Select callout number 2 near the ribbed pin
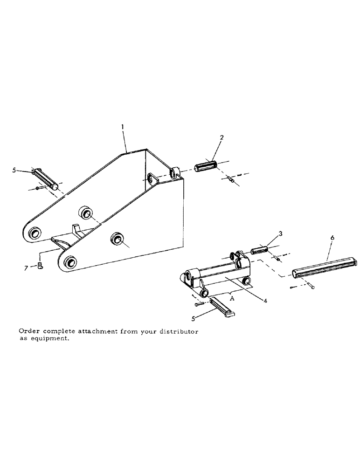(x=222, y=137)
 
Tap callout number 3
(x=280, y=233)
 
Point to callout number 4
(x=265, y=301)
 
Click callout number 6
(x=332, y=237)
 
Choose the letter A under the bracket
(x=232, y=300)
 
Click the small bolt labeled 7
(x=40, y=267)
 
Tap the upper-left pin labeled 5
(x=45, y=179)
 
